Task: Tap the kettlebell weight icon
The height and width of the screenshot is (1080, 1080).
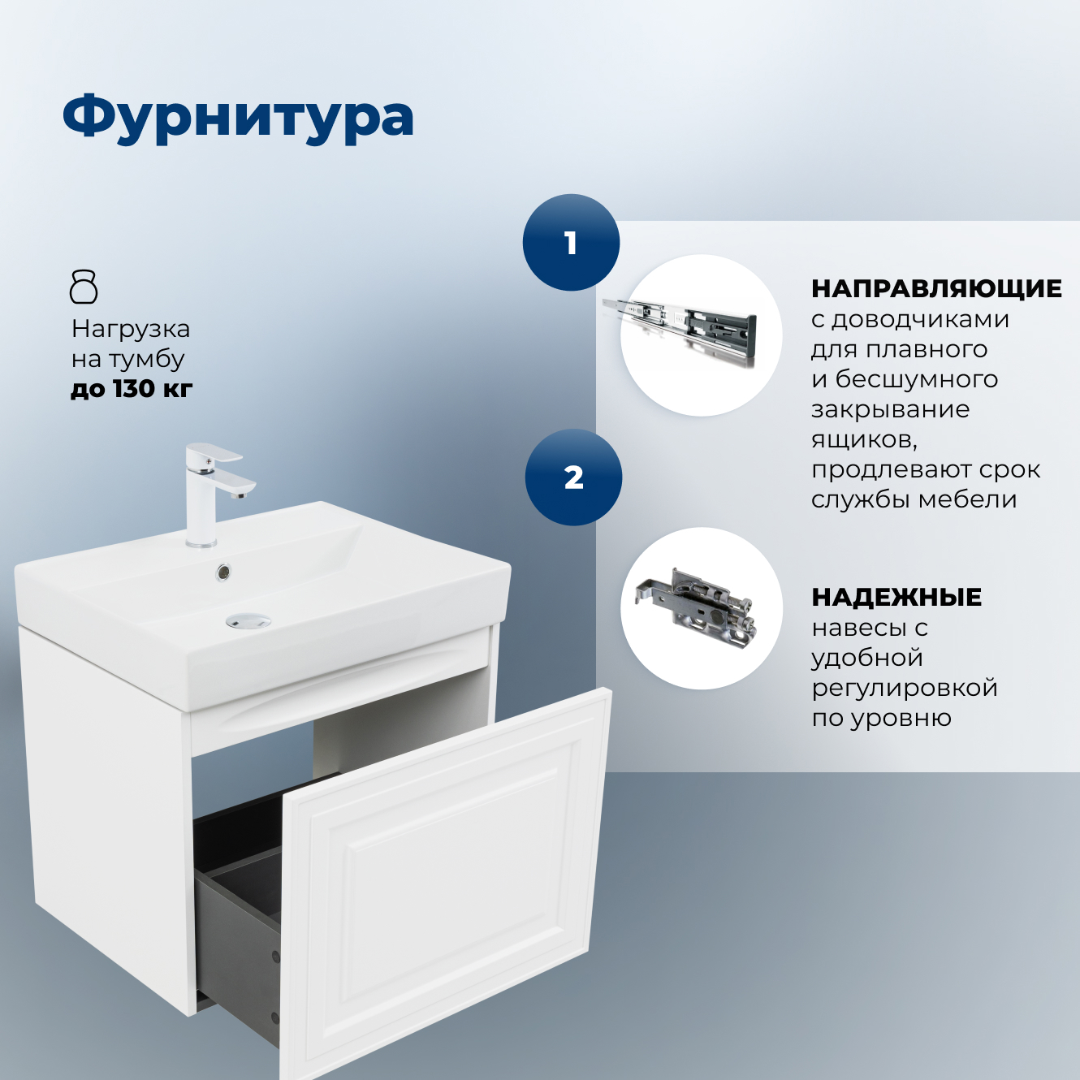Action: (84, 287)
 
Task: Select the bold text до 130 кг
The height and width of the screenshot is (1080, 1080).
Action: (132, 389)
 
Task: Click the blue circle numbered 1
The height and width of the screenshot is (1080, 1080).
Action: (571, 243)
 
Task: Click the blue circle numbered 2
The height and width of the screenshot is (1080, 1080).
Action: (573, 477)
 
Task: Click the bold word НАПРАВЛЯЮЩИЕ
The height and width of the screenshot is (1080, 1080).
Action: (936, 288)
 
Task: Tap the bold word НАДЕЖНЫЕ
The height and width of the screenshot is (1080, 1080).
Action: (896, 598)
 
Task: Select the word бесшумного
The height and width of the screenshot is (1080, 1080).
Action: (917, 379)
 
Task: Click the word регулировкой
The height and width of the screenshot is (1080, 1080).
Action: (905, 688)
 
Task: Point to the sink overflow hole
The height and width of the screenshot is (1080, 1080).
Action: (223, 572)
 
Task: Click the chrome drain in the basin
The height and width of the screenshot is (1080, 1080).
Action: (248, 621)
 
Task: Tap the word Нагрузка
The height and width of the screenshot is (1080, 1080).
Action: (131, 329)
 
